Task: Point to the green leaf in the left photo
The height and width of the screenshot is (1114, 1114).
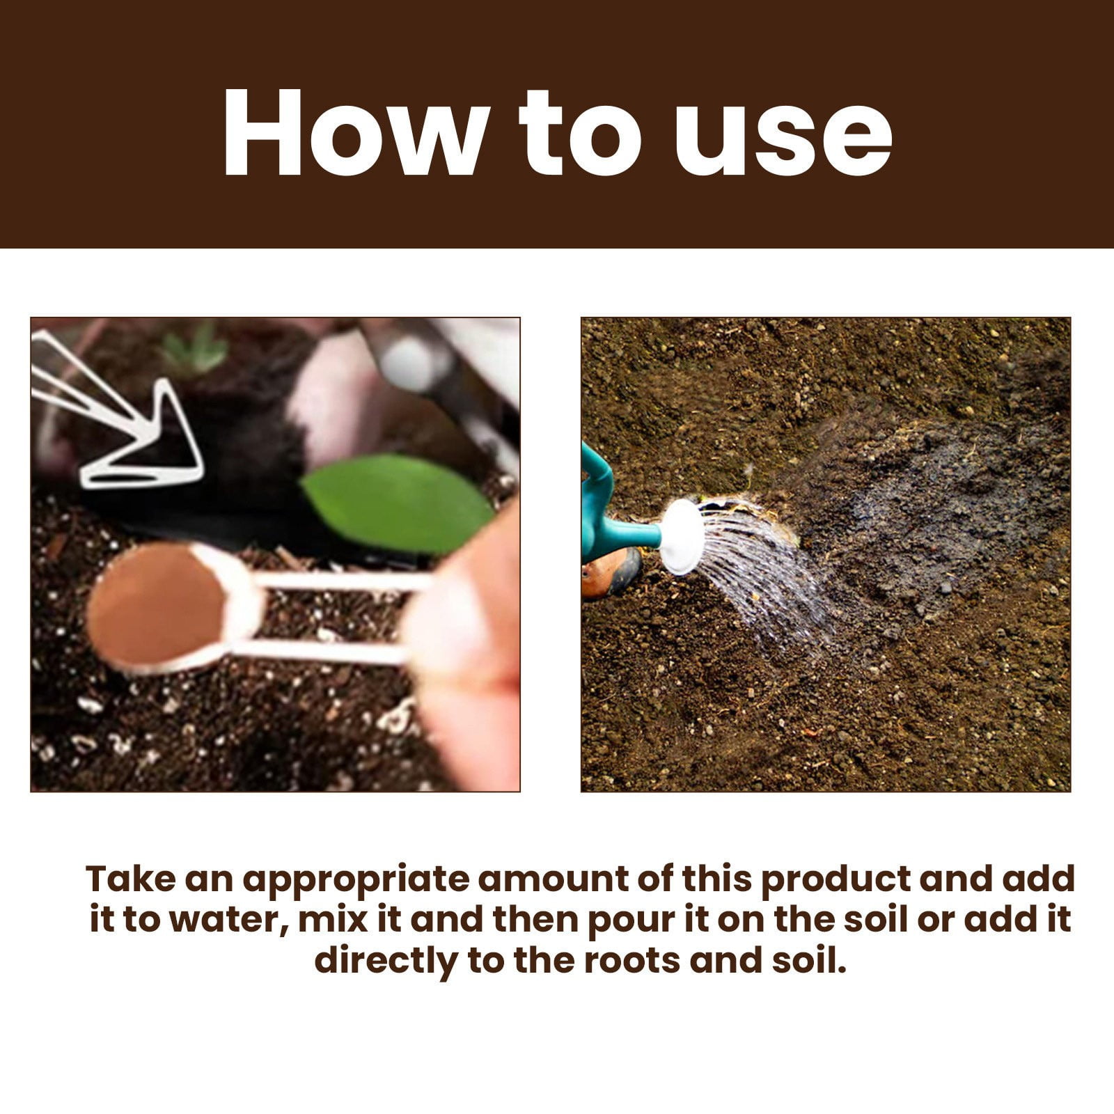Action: point(398,502)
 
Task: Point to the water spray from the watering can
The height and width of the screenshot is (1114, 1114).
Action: point(759,571)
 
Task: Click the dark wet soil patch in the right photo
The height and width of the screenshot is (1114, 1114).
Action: point(926,501)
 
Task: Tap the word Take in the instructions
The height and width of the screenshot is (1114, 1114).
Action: point(130,879)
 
